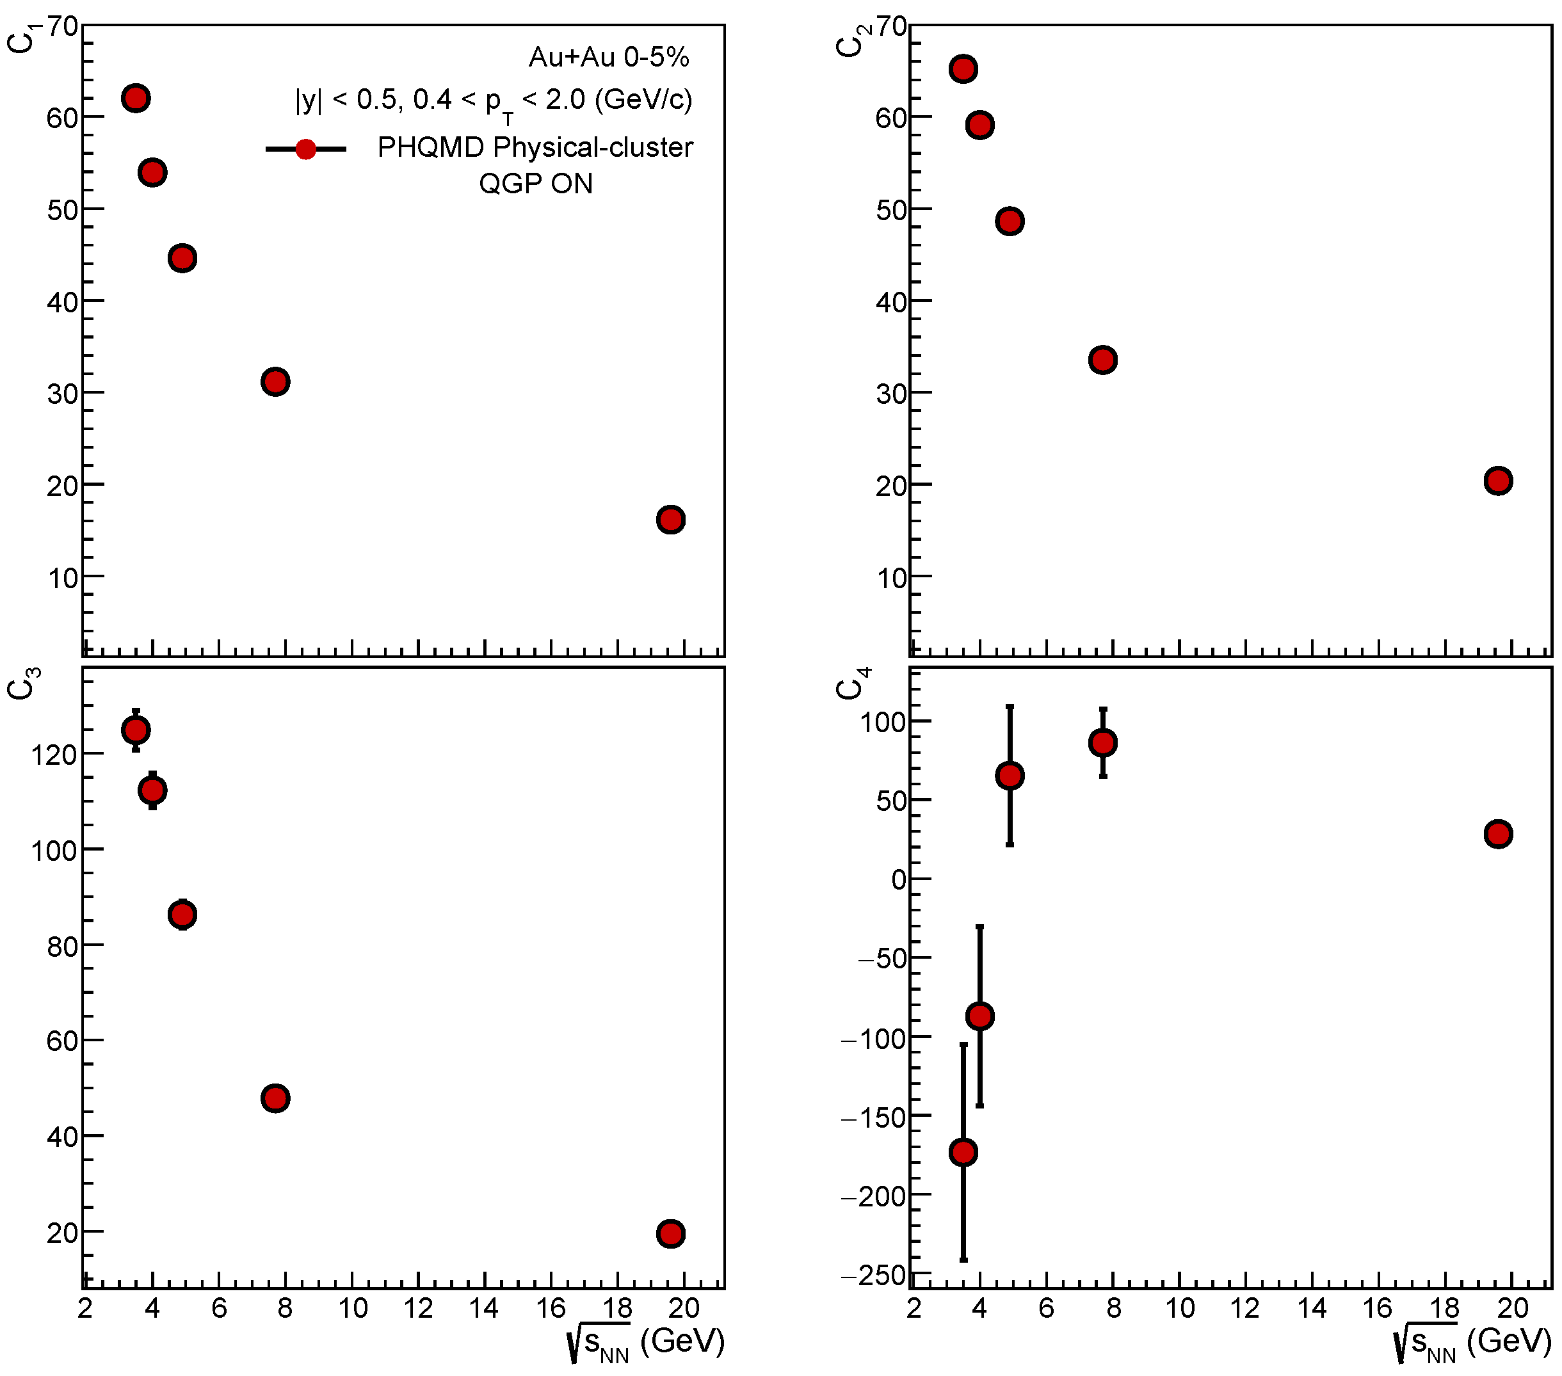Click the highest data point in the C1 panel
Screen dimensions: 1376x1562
tap(135, 99)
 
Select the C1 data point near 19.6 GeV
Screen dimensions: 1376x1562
tap(670, 520)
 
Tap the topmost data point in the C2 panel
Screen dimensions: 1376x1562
tap(963, 68)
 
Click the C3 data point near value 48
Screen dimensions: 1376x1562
tap(275, 1099)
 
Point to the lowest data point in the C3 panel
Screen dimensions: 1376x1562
tap(670, 1234)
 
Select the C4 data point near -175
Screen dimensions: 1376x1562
tap(963, 1152)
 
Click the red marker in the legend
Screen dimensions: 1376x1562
tap(305, 149)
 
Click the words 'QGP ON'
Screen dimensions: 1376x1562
tap(536, 184)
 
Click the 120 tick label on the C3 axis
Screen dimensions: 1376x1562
tap(54, 755)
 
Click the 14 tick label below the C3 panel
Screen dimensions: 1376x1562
tap(485, 1309)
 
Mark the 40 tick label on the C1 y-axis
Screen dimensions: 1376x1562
tap(63, 303)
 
